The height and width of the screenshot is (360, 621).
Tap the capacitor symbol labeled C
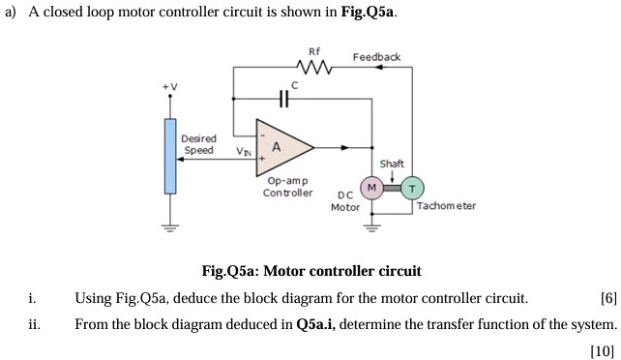click(x=283, y=99)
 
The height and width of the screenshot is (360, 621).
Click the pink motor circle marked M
click(x=370, y=186)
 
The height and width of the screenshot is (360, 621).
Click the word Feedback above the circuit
click(x=376, y=57)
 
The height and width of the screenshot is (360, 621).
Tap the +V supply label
click(x=169, y=88)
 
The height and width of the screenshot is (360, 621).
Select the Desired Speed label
click(x=199, y=145)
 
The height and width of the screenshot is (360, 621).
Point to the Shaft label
click(x=392, y=164)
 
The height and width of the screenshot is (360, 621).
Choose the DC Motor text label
click(x=345, y=201)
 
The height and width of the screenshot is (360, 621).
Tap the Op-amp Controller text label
click(x=287, y=187)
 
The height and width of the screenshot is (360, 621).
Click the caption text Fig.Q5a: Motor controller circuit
click(x=310, y=271)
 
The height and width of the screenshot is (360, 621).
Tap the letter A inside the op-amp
click(x=276, y=147)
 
